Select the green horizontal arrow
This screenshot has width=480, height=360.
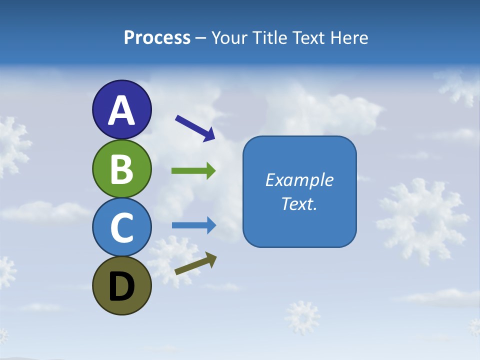(193, 171)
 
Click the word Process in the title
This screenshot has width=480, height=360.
(157, 38)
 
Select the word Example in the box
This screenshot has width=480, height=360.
(299, 180)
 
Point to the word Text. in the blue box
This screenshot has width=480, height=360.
(299, 203)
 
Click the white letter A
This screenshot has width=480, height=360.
(121, 110)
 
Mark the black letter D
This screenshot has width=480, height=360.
(121, 287)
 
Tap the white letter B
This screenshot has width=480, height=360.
(121, 169)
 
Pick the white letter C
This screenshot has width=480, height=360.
(121, 227)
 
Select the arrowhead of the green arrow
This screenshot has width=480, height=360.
(210, 171)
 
